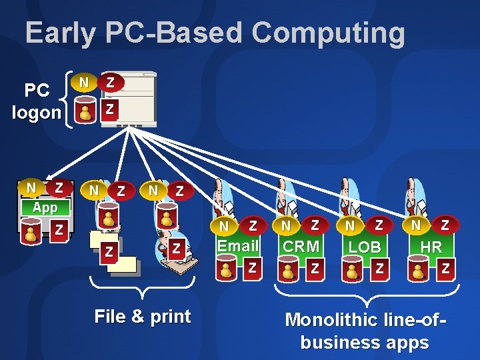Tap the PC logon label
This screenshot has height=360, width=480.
click(x=37, y=101)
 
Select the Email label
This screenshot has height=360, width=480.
click(x=237, y=246)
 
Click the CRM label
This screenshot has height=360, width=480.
click(x=300, y=246)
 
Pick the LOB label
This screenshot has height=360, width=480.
click(x=365, y=247)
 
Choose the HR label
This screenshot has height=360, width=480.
click(x=431, y=247)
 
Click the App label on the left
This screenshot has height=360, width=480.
click(x=45, y=207)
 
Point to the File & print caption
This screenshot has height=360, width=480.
click(x=143, y=316)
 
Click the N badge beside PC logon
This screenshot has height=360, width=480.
click(x=83, y=83)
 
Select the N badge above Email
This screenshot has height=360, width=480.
click(x=224, y=227)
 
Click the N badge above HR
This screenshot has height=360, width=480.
click(x=416, y=225)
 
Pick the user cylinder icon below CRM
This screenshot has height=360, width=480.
click(x=288, y=270)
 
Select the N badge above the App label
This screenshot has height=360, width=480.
click(x=31, y=188)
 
